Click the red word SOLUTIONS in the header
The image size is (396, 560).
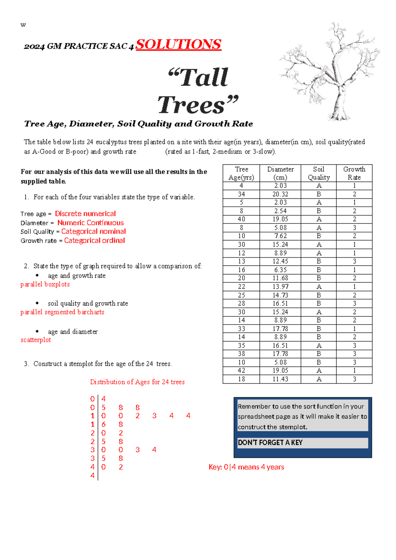coord(179,45)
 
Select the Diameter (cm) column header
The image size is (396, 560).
coord(280,173)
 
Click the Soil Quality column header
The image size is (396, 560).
coord(318,173)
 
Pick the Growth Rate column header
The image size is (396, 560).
coord(354,173)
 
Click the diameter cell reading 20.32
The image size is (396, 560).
coord(280,194)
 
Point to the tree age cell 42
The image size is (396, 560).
coord(241,370)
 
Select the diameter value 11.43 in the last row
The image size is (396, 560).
coord(280,379)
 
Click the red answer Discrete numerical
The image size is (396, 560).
coord(85,214)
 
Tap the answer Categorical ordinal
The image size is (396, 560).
coord(94,240)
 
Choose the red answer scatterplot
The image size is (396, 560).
coord(36,340)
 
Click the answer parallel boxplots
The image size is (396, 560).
coord(45,284)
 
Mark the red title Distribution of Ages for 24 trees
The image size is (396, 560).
coord(137,382)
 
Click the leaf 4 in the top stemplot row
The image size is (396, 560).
coord(103,399)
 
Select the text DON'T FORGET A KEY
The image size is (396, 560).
coord(270,442)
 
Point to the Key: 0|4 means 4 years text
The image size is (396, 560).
coord(246,467)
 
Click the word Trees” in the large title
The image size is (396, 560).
coord(198,105)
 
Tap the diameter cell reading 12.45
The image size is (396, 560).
coord(280,261)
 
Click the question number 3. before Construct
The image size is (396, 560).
coord(26,364)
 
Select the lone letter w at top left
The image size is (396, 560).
coord(23,25)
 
